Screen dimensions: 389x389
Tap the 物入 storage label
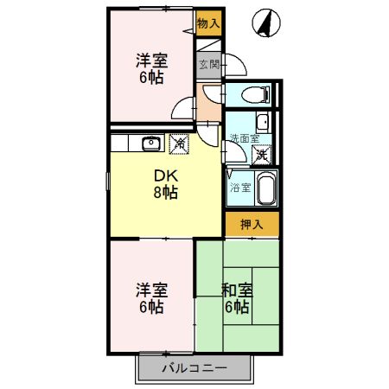pyautogui.click(x=207, y=24)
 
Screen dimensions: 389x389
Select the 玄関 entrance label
pyautogui.click(x=207, y=63)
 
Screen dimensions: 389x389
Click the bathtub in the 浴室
pyautogui.click(x=265, y=186)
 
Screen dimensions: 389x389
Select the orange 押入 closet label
pyautogui.click(x=252, y=223)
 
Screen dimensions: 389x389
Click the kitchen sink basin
pyautogui.click(x=150, y=143)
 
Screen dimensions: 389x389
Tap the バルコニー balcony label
pyautogui.click(x=194, y=369)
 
